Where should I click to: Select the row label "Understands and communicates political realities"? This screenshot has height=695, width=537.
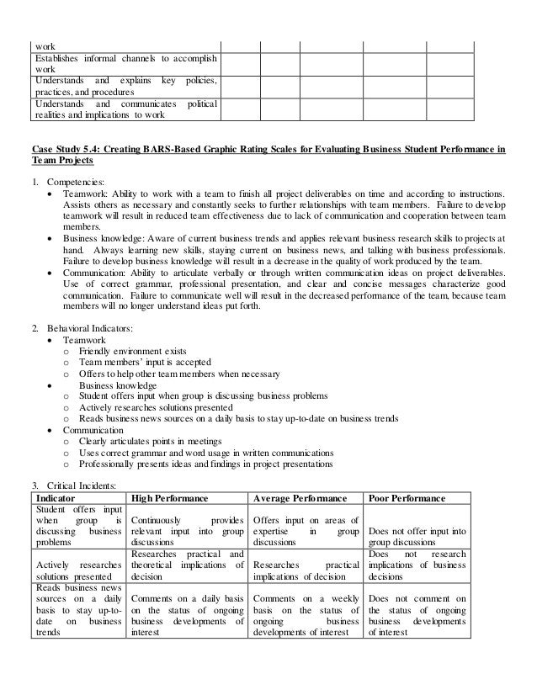125,110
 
